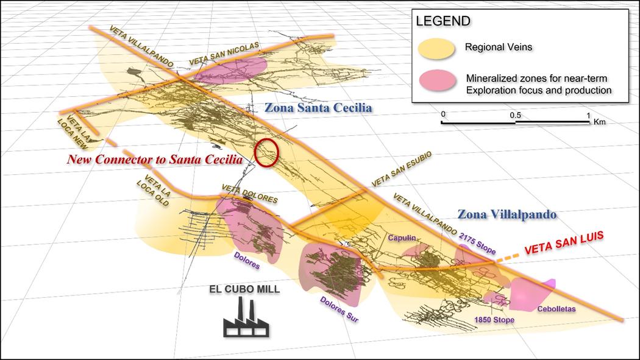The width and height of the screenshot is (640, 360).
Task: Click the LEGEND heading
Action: [443, 21]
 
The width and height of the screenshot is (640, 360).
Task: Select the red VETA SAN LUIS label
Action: [559, 242]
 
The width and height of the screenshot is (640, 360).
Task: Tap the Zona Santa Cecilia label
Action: [318, 108]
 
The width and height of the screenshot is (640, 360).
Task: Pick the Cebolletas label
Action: [556, 309]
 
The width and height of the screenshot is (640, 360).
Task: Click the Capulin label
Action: [401, 238]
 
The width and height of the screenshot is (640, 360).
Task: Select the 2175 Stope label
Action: [478, 242]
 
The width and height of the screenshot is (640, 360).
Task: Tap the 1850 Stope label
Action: [495, 320]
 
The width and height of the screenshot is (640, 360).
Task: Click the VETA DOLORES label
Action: [250, 194]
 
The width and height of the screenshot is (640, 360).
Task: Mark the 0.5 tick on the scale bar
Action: [515, 115]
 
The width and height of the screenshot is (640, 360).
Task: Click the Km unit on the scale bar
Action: [600, 122]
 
